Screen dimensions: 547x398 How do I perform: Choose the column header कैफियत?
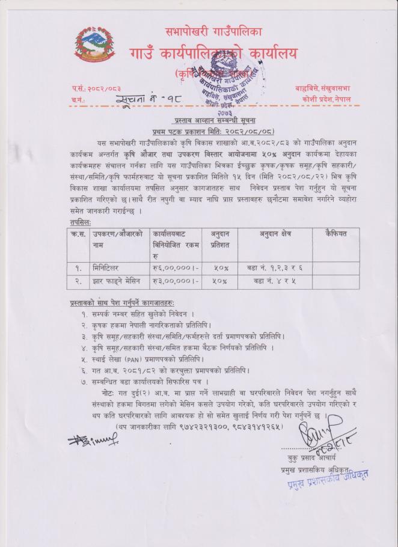click(x=336, y=234)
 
